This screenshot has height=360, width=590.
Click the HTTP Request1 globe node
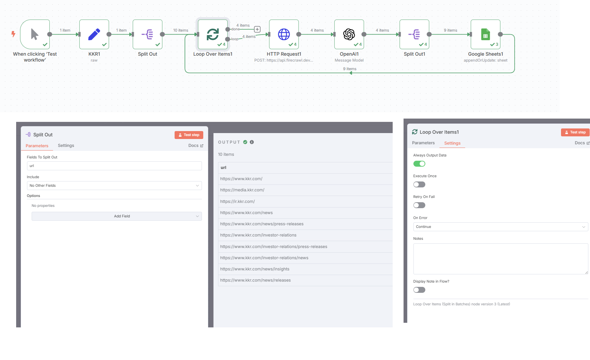coord(284,34)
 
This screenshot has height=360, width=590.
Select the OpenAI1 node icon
coord(349,34)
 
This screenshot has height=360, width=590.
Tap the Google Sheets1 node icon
coord(485,34)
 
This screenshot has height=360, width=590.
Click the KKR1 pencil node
coord(94,34)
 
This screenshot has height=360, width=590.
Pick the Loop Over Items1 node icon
coord(212,34)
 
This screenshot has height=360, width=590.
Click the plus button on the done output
coord(257,29)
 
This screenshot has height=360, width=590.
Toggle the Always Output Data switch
coord(419,164)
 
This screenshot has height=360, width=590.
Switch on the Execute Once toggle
coord(419,184)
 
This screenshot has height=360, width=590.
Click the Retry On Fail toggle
coord(419,205)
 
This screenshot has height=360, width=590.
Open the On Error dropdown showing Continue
coord(500,227)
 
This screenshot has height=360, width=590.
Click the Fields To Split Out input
coord(114,166)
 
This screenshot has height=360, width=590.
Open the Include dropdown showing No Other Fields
coord(114,185)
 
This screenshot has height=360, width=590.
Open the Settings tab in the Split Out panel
coord(66,146)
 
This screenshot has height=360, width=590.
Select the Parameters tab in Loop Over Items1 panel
coord(423,143)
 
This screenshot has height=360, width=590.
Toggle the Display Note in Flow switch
coord(419,290)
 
